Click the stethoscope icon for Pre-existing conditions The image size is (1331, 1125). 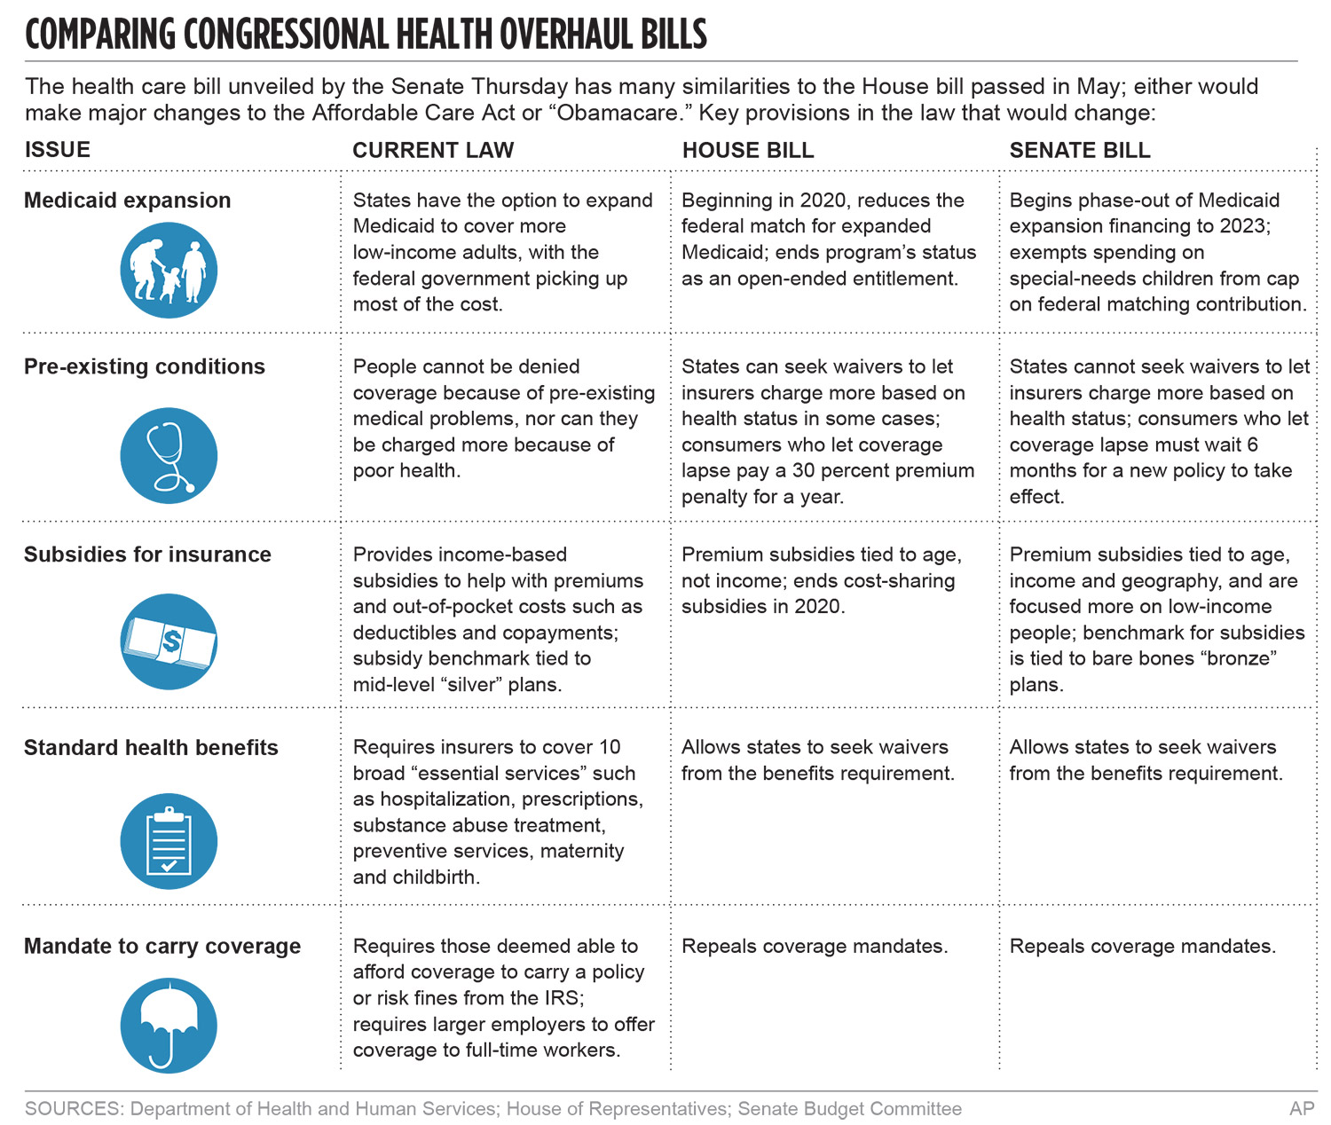click(x=169, y=456)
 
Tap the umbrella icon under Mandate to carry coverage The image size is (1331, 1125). click(x=169, y=1025)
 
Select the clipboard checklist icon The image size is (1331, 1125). click(x=169, y=840)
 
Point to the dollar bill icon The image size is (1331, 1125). click(x=169, y=641)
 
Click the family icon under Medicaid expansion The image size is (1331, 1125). click(x=169, y=270)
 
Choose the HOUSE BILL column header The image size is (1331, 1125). click(x=747, y=150)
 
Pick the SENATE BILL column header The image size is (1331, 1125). click(x=1079, y=150)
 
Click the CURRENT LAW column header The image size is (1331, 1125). click(x=433, y=150)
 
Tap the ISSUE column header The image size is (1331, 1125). click(x=58, y=149)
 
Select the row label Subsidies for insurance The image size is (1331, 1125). click(x=147, y=555)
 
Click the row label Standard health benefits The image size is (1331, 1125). click(x=151, y=748)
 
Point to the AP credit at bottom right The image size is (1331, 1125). click(x=1301, y=1108)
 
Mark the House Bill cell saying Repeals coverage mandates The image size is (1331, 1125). click(x=814, y=946)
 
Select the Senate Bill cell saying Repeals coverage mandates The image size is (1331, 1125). click(x=1142, y=946)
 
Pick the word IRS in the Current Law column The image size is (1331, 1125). click(x=561, y=998)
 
